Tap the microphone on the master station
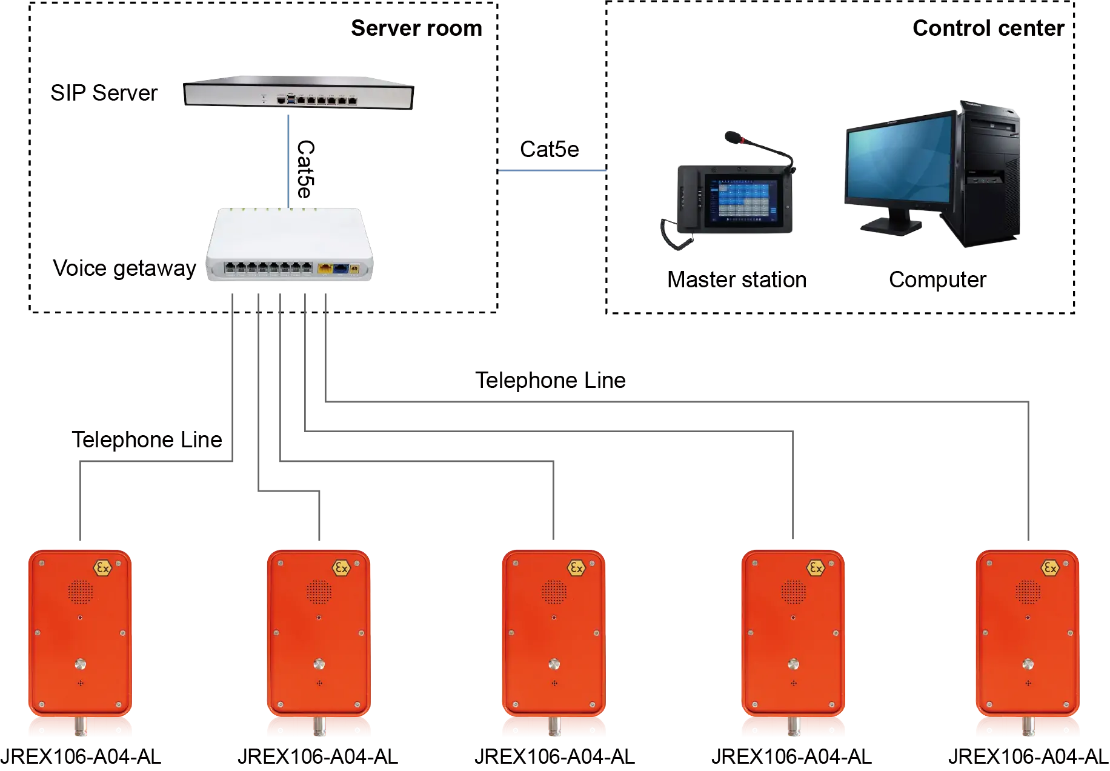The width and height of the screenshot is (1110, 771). point(734,138)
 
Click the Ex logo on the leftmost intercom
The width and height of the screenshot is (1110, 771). point(102,569)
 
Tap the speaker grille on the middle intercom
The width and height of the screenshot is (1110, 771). point(554,592)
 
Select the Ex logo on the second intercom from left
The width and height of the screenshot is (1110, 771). point(341,569)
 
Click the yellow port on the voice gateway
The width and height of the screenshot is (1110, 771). point(325,267)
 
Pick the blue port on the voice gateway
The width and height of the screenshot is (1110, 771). point(341,267)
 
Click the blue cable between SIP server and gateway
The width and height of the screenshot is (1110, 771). point(288,158)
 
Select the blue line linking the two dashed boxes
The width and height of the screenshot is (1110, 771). point(551,170)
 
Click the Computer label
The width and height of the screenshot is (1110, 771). point(937,279)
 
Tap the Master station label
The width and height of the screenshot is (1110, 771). point(736,279)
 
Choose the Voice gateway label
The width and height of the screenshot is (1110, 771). point(123,267)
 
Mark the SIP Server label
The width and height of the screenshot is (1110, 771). point(103,93)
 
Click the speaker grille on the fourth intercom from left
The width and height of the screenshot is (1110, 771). point(793,592)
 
